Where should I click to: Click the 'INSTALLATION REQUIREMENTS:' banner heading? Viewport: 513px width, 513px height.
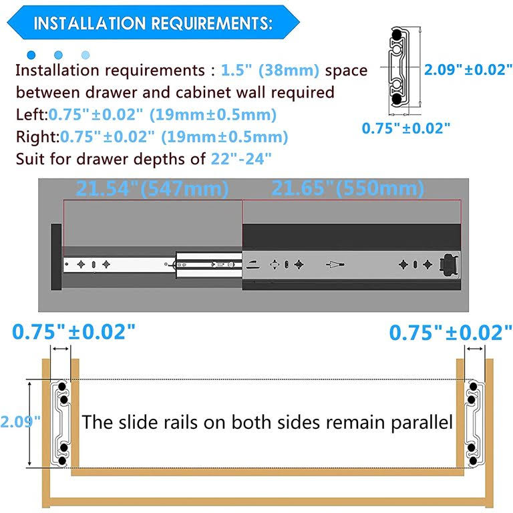152,24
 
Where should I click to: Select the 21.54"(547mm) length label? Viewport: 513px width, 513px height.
152,188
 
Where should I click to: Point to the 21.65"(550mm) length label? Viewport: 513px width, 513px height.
347,188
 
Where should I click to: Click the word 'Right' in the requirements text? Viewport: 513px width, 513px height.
35,137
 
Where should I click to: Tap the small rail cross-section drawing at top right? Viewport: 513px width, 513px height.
401,67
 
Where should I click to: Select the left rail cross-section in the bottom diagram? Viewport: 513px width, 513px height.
62,422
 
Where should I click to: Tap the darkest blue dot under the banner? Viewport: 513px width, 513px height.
30,55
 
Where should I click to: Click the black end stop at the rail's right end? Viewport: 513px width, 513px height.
450,265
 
